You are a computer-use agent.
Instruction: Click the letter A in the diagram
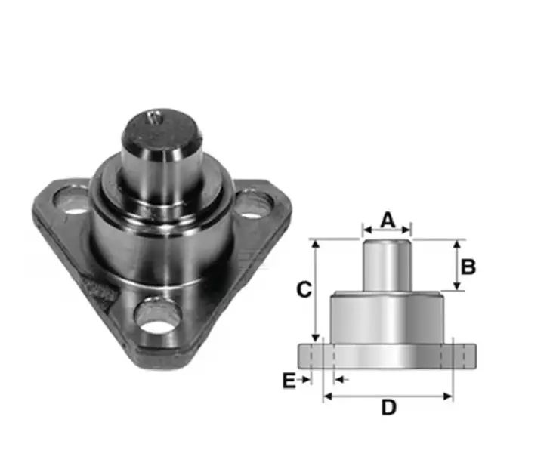387,219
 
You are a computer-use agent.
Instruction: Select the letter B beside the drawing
468,267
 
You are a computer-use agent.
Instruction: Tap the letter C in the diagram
302,290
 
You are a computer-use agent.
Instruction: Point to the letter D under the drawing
388,408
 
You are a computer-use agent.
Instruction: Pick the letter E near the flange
288,381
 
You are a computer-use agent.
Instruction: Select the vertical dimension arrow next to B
456,266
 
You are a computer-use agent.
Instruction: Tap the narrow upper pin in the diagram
387,264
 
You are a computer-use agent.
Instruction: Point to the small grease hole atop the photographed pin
154,116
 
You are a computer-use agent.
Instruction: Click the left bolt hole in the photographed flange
74,203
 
